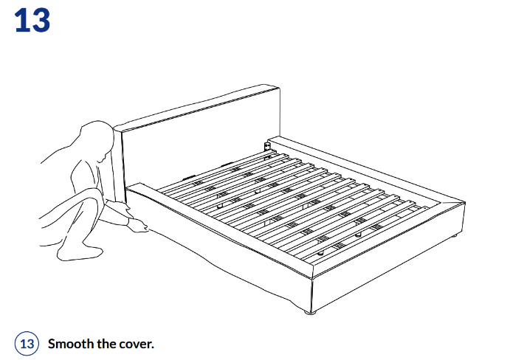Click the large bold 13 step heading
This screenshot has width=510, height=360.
[x=32, y=20]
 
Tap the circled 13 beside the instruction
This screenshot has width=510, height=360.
[x=27, y=344]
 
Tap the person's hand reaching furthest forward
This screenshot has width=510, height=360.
[x=139, y=226]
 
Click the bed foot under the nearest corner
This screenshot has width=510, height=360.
[x=310, y=313]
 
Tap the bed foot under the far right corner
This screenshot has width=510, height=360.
[x=455, y=236]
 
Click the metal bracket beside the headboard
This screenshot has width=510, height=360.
[x=267, y=147]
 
